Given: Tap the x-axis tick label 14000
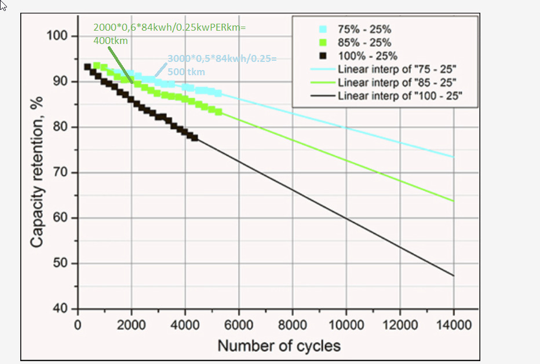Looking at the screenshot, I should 453,324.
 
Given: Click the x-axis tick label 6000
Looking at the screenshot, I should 239,324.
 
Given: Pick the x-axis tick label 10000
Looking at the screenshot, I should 346,324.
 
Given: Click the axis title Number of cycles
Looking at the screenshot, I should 279,346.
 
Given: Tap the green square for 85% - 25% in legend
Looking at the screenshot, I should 323,43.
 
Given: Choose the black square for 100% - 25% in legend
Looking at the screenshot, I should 323,56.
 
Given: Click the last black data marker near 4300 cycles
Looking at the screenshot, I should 195,138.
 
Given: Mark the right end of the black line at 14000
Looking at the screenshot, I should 454,275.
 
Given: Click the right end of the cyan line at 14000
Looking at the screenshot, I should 454,157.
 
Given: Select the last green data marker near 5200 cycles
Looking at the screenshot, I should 218,112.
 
